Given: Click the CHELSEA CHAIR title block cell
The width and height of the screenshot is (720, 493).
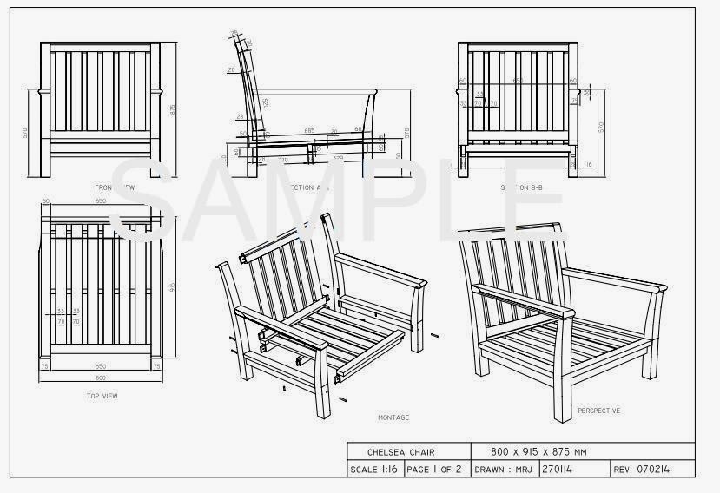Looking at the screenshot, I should coord(400,452).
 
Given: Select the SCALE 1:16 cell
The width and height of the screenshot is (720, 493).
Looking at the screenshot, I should coord(374,470).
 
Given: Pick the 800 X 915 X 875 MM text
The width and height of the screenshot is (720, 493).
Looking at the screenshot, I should coord(539,452).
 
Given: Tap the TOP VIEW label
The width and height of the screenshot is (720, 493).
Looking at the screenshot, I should coord(103,396).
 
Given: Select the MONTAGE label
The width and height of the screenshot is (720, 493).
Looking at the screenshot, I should coord(393,417).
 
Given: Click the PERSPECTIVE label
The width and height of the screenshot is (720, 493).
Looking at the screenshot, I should coord(598,411).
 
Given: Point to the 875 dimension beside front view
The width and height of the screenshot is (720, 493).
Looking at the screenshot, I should coord(172,109).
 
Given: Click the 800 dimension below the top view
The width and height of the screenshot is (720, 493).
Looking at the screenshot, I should coord(102,378).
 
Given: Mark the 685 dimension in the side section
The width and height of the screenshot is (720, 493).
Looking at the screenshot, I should coord(309,130).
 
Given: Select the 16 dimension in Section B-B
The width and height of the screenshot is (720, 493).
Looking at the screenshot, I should coord(589,164).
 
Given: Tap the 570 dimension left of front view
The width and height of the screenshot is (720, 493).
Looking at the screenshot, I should coord(27,133).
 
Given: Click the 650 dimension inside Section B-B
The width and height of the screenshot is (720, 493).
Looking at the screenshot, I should coord(518,81).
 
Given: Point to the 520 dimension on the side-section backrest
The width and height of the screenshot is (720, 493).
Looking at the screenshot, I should coord(265,102).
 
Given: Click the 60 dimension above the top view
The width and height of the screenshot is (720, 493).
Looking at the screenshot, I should coord(45,200).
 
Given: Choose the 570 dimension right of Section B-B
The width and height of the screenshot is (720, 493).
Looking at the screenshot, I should coord(601,127).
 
